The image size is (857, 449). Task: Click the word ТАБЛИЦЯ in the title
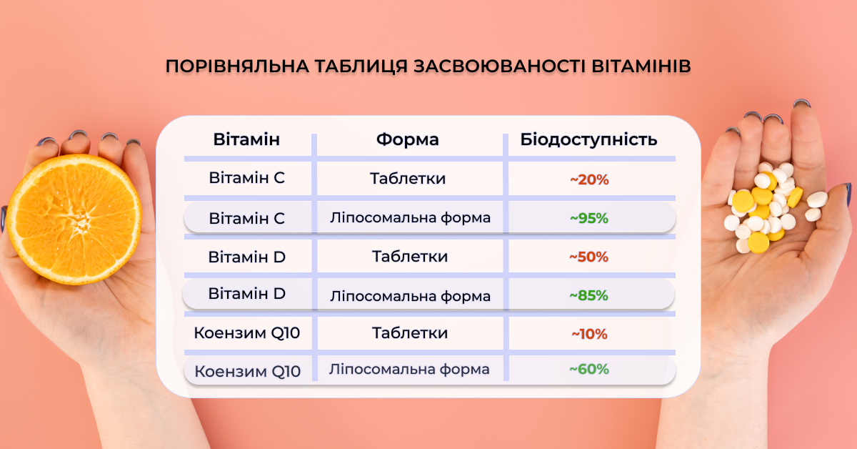click(x=361, y=66)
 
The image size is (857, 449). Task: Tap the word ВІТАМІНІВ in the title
click(x=641, y=66)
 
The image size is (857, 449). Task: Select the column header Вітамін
click(x=246, y=139)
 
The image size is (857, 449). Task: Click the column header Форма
click(x=408, y=139)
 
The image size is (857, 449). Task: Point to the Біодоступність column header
click(x=588, y=139)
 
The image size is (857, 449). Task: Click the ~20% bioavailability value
click(x=589, y=179)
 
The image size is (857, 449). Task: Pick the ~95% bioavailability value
click(x=589, y=218)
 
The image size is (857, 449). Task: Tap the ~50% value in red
click(x=588, y=257)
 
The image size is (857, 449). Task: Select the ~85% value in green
click(x=588, y=295)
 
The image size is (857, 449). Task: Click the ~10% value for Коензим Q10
click(x=589, y=334)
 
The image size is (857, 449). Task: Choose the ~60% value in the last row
click(x=589, y=369)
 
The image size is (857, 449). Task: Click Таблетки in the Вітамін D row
click(x=410, y=256)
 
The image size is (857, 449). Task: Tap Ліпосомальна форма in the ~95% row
click(x=410, y=218)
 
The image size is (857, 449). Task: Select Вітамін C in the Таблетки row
click(x=247, y=178)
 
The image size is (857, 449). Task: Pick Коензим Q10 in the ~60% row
click(x=248, y=371)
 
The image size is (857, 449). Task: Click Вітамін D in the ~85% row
click(x=247, y=294)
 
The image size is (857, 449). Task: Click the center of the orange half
click(x=74, y=219)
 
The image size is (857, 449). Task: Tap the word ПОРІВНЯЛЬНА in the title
click(x=237, y=66)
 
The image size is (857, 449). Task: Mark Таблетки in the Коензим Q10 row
click(x=410, y=333)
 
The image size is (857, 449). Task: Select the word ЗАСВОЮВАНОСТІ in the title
click(x=499, y=66)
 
